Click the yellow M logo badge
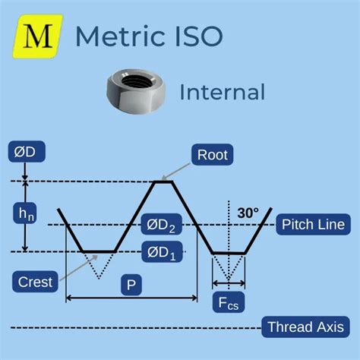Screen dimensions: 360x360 pos(37,36)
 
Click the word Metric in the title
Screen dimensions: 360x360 pos(120,36)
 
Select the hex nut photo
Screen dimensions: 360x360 pos(136,91)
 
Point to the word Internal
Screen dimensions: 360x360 pos(223,92)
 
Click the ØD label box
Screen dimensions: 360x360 pos(27,152)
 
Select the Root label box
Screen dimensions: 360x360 pos(213,155)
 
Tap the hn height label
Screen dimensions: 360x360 pos(25,213)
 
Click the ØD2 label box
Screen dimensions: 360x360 pos(161,224)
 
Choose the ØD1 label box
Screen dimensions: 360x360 pos(162,251)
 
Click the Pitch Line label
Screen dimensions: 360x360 pos(314,224)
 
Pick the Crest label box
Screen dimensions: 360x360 pos(35,282)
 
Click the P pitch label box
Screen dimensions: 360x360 pos(131,285)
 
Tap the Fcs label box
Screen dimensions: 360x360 pos(229,302)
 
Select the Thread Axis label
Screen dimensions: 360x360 pos(305,327)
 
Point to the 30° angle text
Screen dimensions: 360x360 pos(248,213)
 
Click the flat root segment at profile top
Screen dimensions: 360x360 pos(163,182)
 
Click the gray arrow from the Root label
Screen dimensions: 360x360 pos(176,171)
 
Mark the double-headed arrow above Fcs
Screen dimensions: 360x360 pos(229,283)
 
